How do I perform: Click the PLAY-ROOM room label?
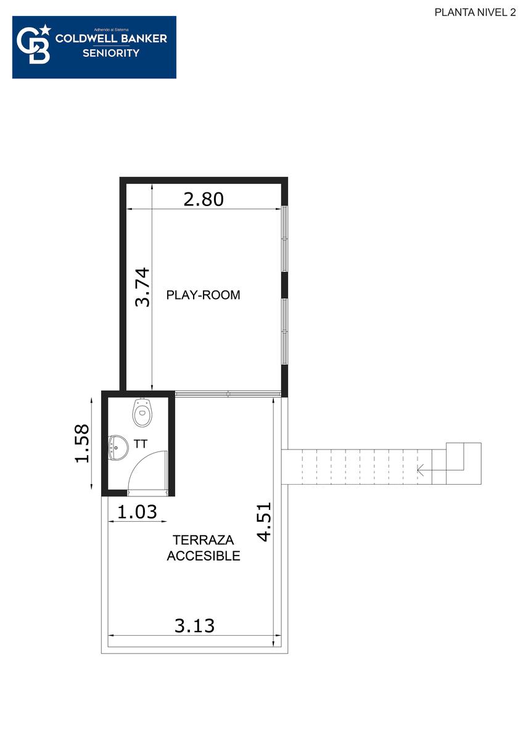pyautogui.click(x=203, y=295)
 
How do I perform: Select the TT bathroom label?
pyautogui.click(x=141, y=445)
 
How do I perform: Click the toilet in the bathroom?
pyautogui.click(x=142, y=413)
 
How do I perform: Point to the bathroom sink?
pyautogui.click(x=118, y=448)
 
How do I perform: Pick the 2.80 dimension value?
pyautogui.click(x=204, y=199)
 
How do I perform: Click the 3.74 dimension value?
pyautogui.click(x=142, y=287)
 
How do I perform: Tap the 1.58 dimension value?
pyautogui.click(x=82, y=443)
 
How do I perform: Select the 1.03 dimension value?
pyautogui.click(x=137, y=512)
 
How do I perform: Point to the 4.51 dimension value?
pyautogui.click(x=265, y=522)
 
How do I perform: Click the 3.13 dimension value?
pyautogui.click(x=195, y=626)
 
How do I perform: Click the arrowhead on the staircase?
pyautogui.click(x=421, y=469)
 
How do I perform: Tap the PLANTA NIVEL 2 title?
pyautogui.click(x=475, y=12)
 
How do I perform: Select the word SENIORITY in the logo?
pyautogui.click(x=111, y=53)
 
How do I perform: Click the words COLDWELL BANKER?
pyautogui.click(x=111, y=39)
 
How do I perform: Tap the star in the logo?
pyautogui.click(x=46, y=30)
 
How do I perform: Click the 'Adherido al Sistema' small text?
pyautogui.click(x=111, y=30)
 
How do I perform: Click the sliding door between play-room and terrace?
pyautogui.click(x=228, y=394)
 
